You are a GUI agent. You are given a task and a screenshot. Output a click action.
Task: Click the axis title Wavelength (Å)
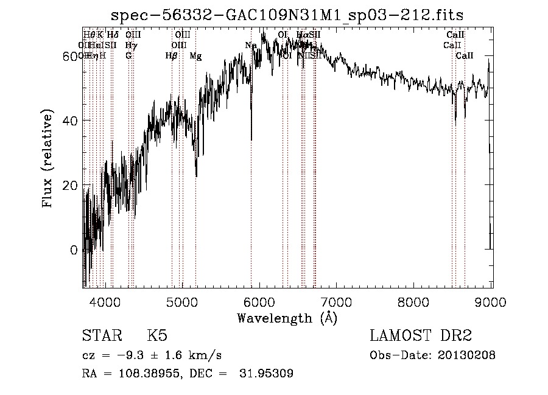[287, 318]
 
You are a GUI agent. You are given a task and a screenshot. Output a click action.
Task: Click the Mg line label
[195, 56]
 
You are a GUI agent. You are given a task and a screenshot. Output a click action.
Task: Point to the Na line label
[250, 46]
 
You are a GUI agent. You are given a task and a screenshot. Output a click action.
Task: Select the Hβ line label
[172, 56]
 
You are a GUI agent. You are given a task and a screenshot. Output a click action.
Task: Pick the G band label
[128, 56]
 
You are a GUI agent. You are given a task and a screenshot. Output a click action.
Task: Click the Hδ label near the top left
[113, 35]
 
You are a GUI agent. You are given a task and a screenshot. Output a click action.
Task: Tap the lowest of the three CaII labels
[465, 56]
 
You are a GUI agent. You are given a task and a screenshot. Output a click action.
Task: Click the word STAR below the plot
[101, 336]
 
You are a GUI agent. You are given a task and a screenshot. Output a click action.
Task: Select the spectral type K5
[157, 336]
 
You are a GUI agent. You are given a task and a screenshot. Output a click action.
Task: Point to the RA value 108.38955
[150, 374]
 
